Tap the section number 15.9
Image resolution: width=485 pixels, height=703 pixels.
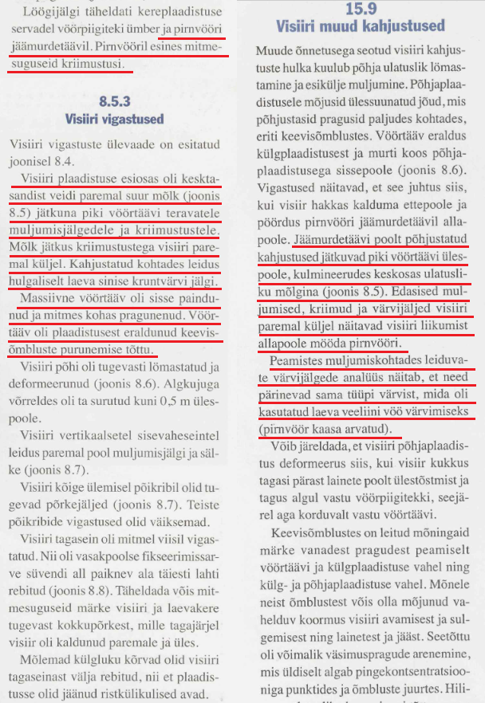point(362,10)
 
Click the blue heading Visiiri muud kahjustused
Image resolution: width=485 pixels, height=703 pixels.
point(362,28)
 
